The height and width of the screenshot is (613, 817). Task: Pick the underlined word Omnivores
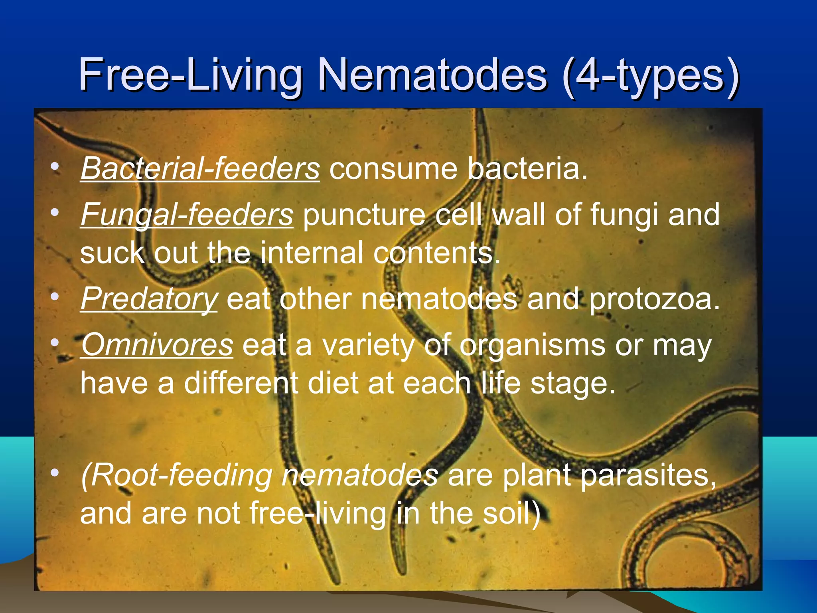(157, 345)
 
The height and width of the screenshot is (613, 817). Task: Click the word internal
(312, 253)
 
